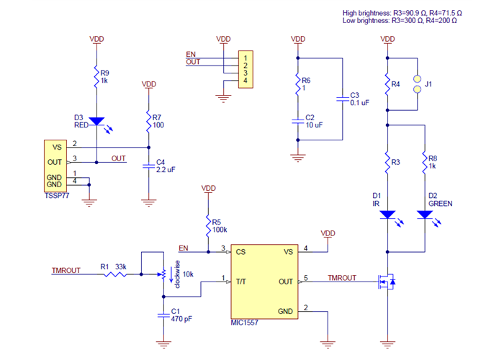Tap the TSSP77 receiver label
click(x=57, y=196)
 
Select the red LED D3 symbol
click(x=96, y=122)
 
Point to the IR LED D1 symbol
click(x=387, y=215)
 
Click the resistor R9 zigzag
click(x=96, y=76)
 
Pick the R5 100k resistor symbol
click(x=208, y=225)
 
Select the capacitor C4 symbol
click(x=149, y=166)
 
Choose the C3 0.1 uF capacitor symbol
click(x=341, y=99)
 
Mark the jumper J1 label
click(x=429, y=84)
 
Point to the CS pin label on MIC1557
click(x=241, y=252)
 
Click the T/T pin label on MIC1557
click(x=242, y=282)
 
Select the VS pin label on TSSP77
click(x=55, y=147)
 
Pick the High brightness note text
click(x=413, y=13)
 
